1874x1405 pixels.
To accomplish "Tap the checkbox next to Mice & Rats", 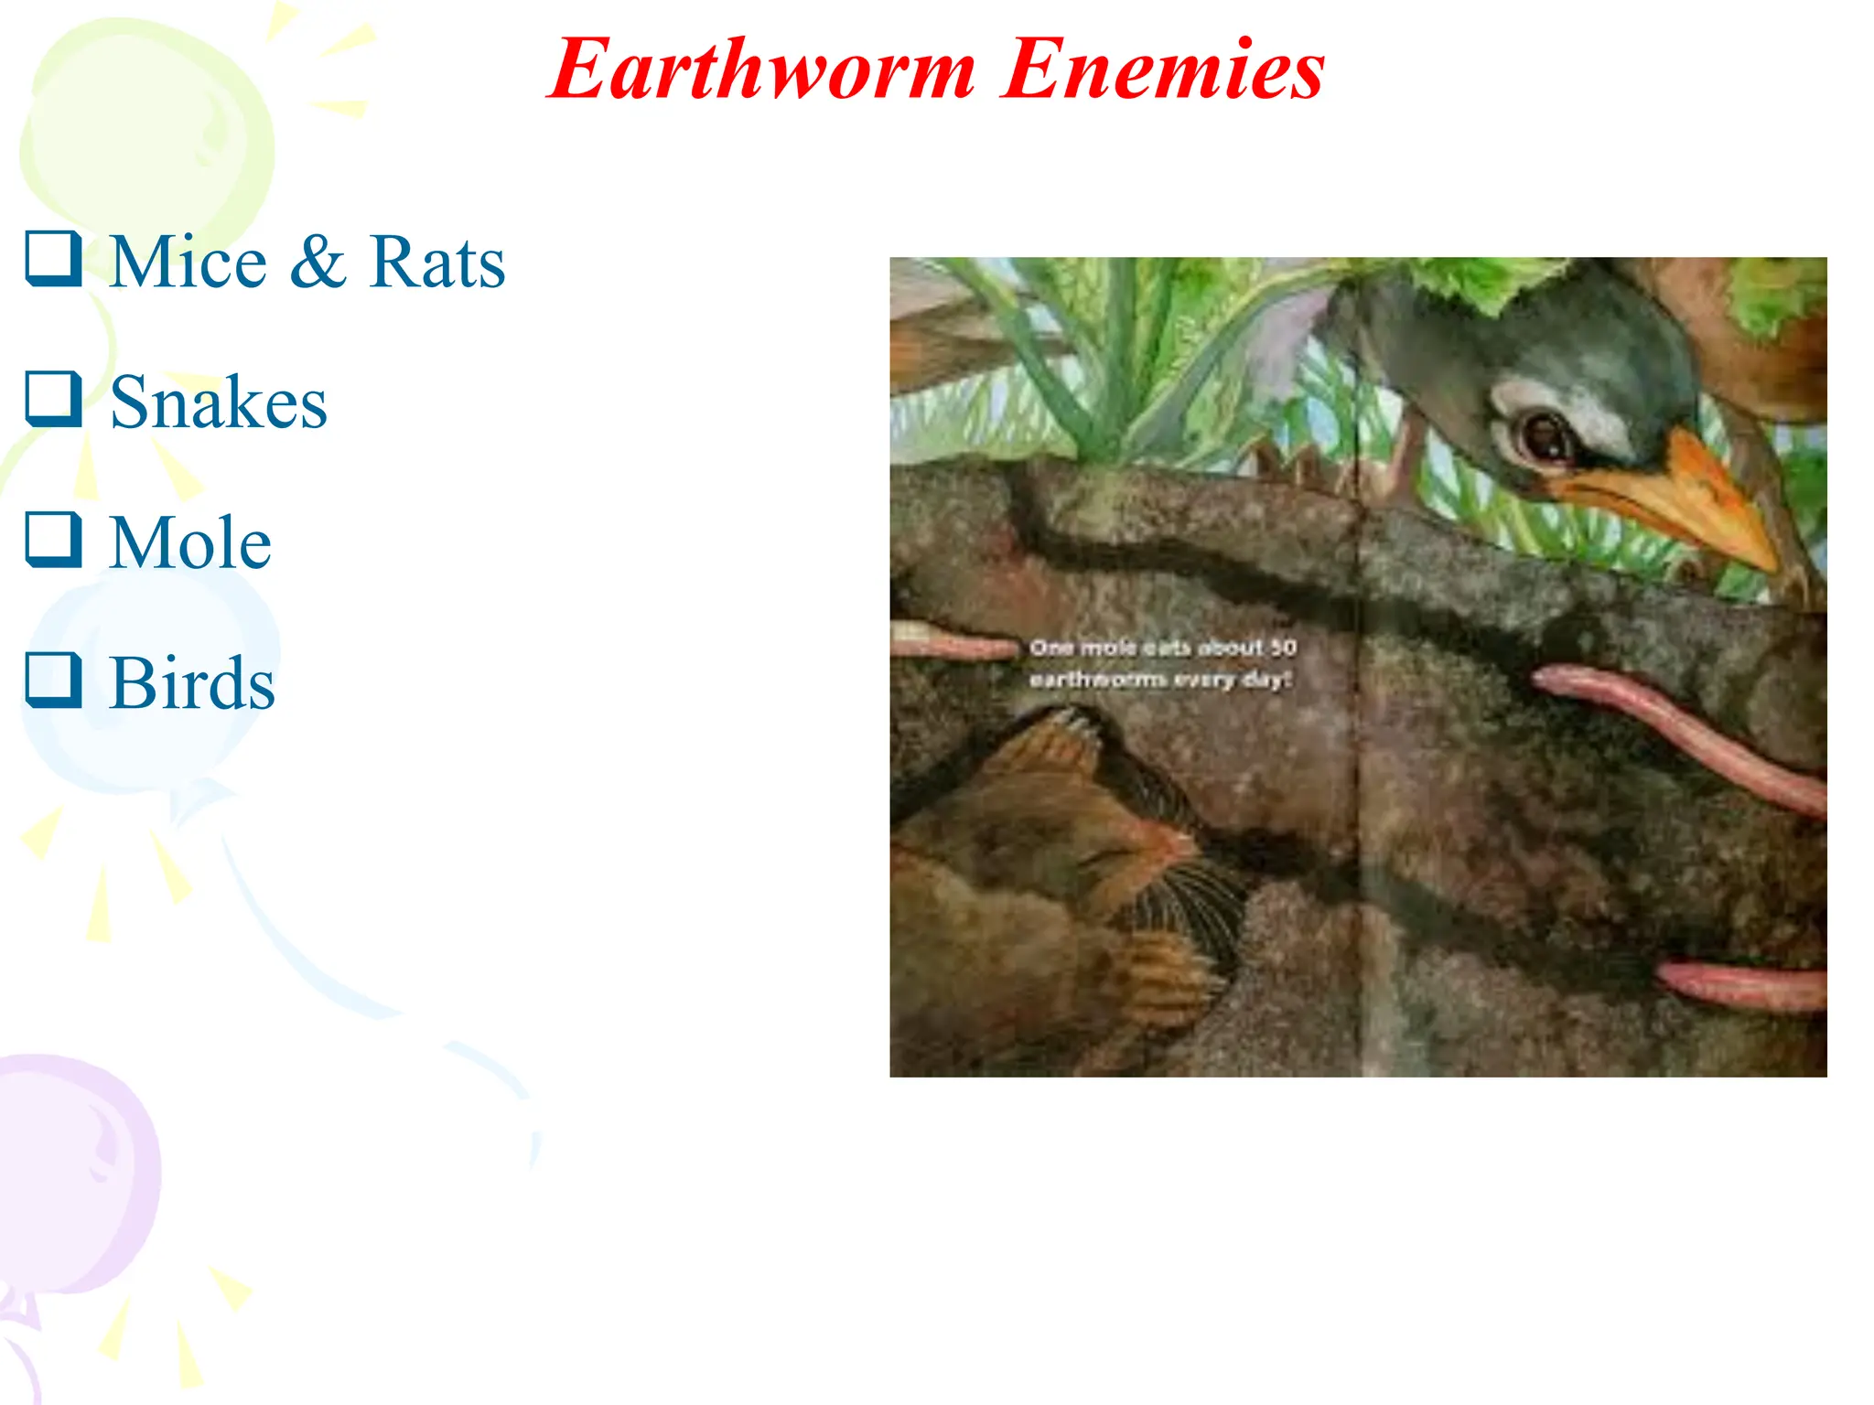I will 53,259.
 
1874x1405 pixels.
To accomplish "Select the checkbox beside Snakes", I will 53,399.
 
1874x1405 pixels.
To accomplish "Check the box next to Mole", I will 53,540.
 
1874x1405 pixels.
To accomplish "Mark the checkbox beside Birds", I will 53,681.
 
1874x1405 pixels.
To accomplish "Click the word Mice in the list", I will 188,263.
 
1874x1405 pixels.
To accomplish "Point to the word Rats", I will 437,263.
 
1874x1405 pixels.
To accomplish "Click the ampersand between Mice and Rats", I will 318,263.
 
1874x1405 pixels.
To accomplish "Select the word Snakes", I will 219,402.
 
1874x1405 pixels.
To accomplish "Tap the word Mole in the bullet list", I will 190,543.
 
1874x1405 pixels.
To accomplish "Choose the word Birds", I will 192,684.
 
